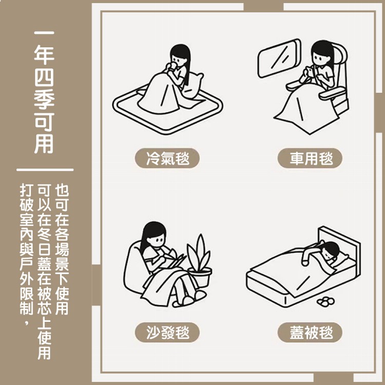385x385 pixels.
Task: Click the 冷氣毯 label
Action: pos(167,158)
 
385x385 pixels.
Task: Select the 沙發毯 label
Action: pos(167,333)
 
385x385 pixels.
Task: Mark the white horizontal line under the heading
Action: pos(45,169)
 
